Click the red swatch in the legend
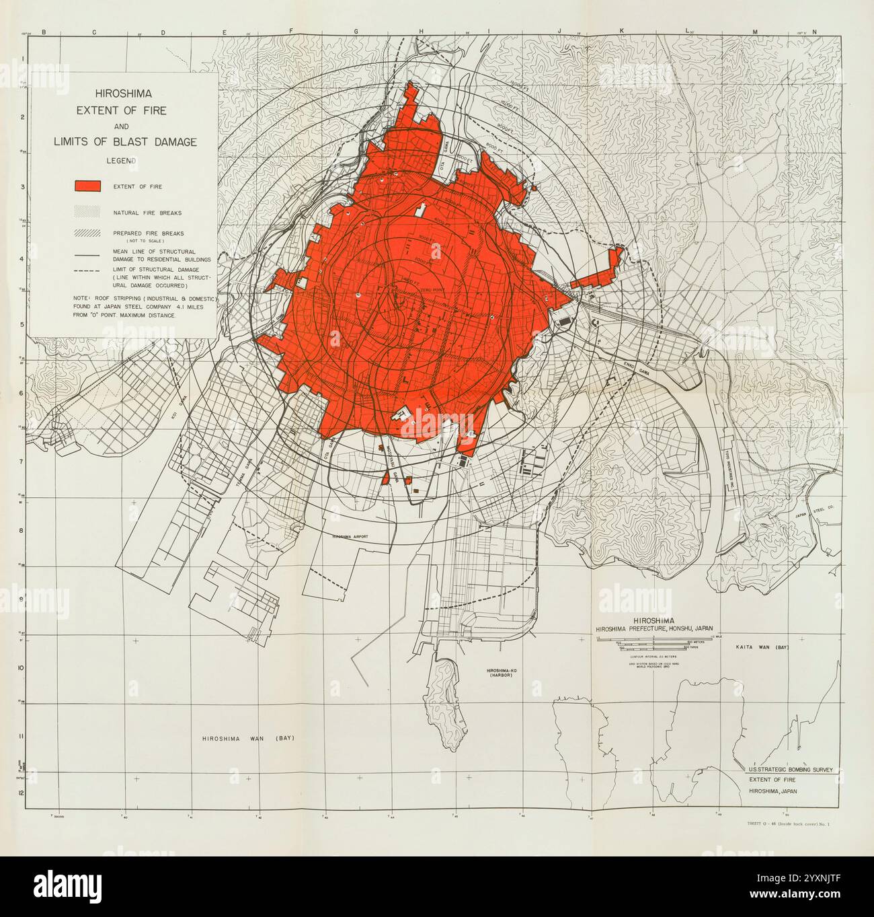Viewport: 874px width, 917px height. click(88, 186)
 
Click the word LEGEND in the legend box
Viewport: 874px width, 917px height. click(121, 161)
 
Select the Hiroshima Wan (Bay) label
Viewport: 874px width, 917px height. click(248, 738)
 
